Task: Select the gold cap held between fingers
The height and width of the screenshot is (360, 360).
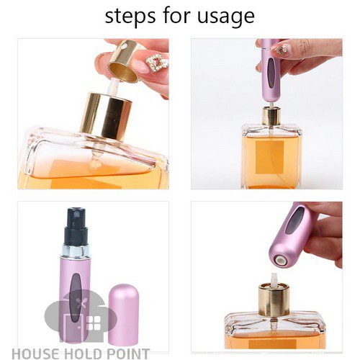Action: click(x=125, y=60)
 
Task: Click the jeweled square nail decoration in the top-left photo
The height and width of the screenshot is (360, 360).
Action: click(x=156, y=62)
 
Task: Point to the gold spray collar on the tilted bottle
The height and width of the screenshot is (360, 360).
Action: click(x=106, y=117)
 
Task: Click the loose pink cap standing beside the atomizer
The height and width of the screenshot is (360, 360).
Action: click(x=124, y=314)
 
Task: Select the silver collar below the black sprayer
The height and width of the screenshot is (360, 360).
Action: click(x=75, y=251)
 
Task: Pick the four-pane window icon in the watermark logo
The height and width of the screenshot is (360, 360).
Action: click(x=94, y=323)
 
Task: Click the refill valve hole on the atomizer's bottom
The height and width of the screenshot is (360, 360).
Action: click(x=280, y=260)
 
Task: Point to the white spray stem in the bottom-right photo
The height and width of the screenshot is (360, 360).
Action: click(x=274, y=279)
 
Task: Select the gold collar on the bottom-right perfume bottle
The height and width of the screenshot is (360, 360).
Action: click(x=274, y=300)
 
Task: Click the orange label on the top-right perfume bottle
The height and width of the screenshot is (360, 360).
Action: click(x=270, y=157)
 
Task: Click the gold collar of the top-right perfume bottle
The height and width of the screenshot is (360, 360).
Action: click(x=271, y=117)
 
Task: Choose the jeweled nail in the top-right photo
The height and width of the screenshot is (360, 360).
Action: click(x=281, y=50)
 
